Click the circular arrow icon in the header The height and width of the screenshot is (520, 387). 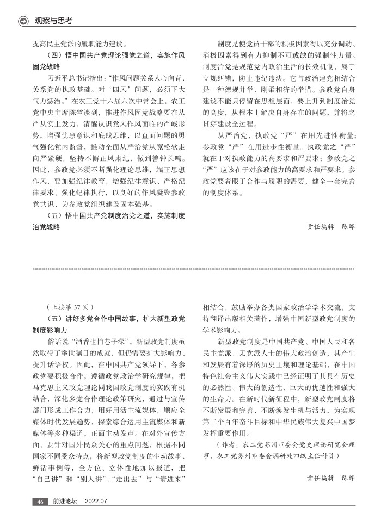[23, 21]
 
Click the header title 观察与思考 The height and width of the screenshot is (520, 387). [53, 21]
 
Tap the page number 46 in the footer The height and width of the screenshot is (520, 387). [40, 502]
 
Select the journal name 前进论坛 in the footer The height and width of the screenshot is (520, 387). [65, 502]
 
